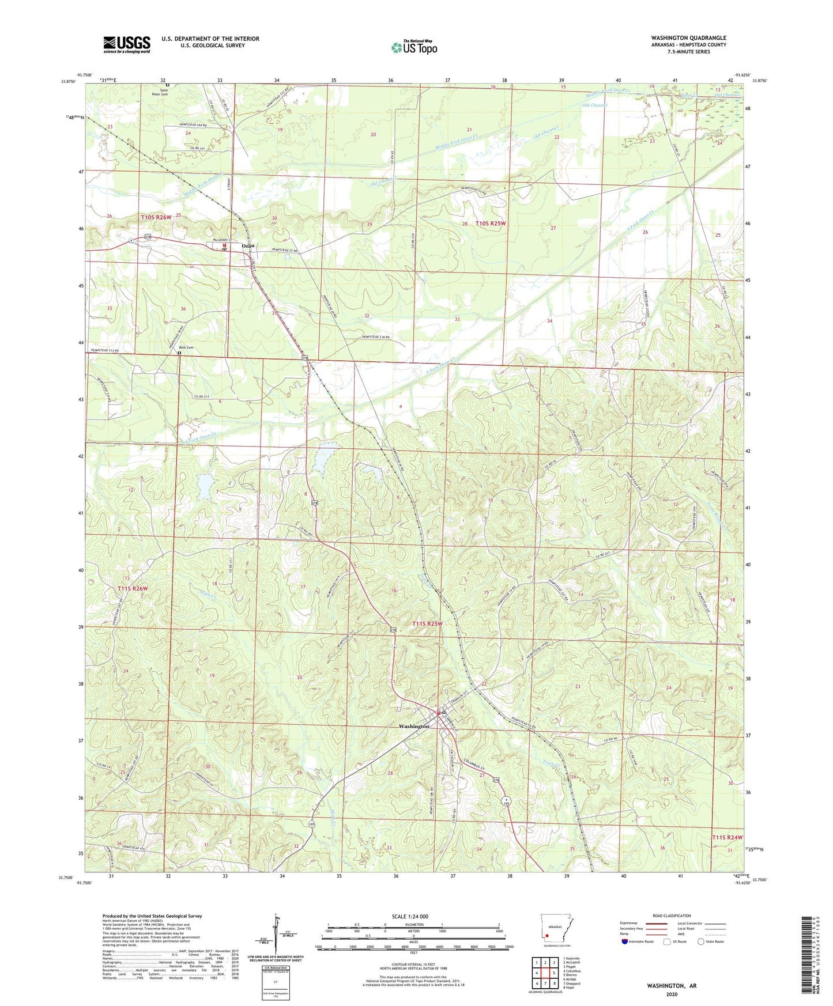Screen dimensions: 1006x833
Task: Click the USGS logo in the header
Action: click(127, 44)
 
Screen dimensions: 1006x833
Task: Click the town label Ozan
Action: click(248, 245)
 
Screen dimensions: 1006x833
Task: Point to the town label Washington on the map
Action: click(413, 727)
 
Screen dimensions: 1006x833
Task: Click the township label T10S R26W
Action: click(156, 217)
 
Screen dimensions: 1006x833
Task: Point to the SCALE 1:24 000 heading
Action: click(410, 916)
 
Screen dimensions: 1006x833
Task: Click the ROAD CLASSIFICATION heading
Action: click(672, 916)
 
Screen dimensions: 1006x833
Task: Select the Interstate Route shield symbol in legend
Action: click(625, 941)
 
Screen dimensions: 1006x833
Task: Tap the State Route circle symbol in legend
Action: click(701, 941)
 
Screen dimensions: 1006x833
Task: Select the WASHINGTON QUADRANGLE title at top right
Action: click(688, 38)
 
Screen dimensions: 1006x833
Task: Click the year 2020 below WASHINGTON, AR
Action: click(671, 994)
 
